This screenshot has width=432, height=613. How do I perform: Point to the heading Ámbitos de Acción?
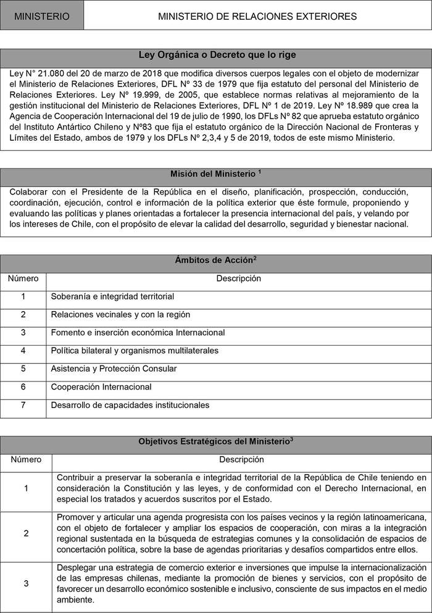click(215, 261)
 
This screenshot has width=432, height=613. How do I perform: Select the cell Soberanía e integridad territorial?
click(112, 296)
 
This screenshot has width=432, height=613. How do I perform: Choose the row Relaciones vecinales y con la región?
click(121, 314)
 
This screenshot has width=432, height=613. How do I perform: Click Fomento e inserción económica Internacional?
click(138, 332)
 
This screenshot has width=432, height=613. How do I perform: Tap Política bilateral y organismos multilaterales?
click(135, 351)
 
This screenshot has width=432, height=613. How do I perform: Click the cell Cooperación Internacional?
click(102, 387)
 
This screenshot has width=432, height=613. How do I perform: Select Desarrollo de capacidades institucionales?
click(131, 405)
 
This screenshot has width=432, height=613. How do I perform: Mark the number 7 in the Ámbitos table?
click(23, 405)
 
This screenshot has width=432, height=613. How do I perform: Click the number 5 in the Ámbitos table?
click(23, 369)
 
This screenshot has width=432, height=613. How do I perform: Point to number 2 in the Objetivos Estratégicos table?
click(26, 533)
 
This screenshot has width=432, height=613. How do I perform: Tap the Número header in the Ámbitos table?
click(23, 278)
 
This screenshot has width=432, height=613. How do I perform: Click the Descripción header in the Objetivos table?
click(241, 459)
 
